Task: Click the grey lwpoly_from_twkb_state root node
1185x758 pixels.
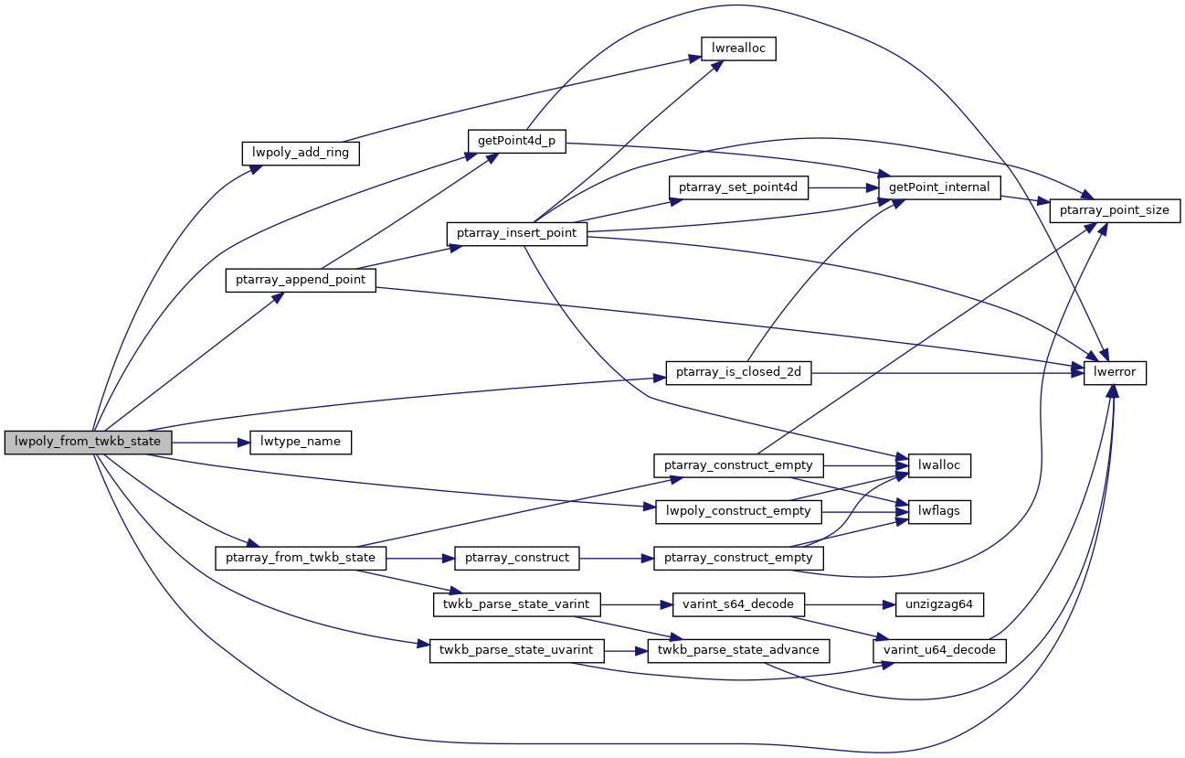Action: pos(88,442)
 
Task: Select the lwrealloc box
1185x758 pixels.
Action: pos(737,48)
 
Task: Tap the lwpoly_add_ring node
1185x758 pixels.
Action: pos(301,152)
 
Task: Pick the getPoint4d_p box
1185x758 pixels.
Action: pos(516,142)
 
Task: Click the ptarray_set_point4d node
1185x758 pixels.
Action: pos(738,187)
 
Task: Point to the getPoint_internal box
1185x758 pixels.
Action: pos(939,187)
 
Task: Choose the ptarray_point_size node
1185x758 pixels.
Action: pos(1116,209)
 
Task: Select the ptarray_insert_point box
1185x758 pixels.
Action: pos(516,233)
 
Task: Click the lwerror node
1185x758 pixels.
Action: pos(1115,373)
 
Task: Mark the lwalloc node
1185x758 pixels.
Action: pos(938,465)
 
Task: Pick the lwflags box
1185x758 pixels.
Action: pos(938,511)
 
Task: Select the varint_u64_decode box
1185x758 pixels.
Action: pos(940,650)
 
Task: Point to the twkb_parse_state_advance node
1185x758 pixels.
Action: pos(738,650)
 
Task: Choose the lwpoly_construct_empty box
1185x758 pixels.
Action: pos(739,511)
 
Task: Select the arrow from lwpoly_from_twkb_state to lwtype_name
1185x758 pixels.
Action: pos(210,442)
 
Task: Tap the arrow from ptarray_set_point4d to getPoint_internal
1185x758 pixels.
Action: pos(841,187)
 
